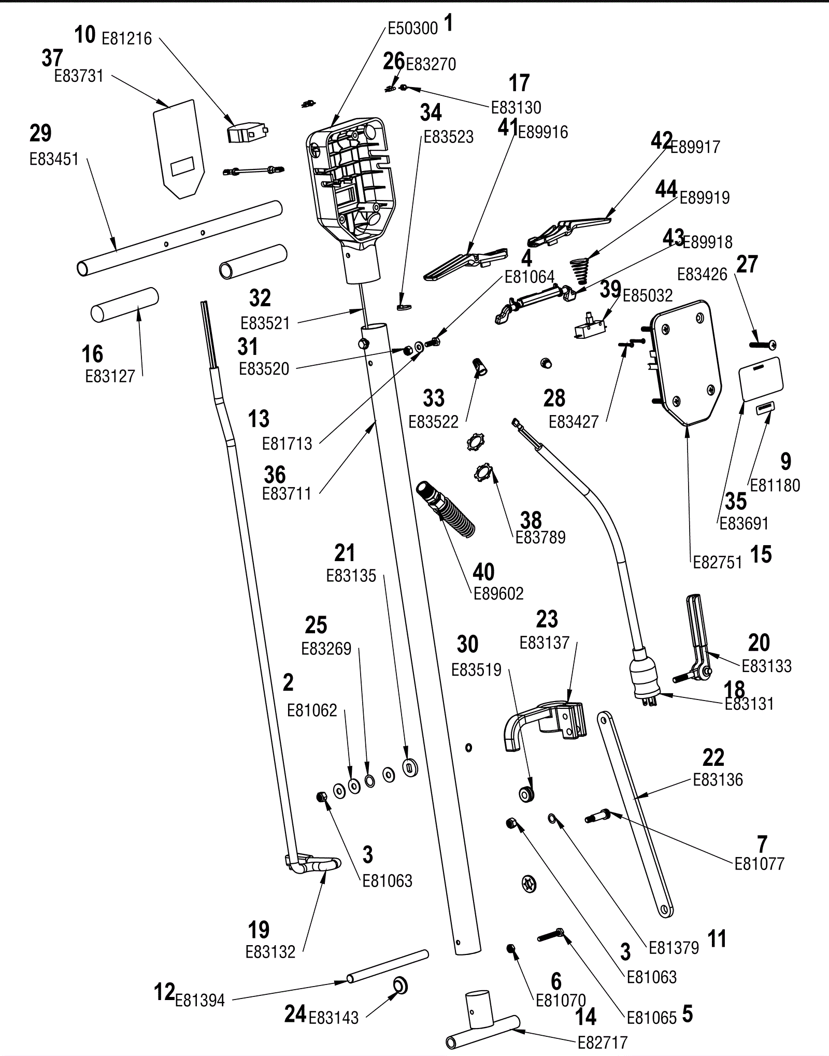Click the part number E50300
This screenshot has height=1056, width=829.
pos(413,28)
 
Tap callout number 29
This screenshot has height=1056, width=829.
pos(41,134)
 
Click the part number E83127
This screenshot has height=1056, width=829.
pos(110,377)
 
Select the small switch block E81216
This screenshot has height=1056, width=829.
pos(248,133)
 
